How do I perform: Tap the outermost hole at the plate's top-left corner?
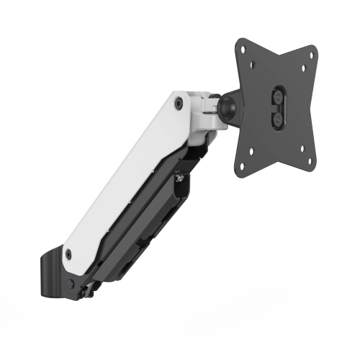243,49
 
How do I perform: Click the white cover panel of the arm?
122,180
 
